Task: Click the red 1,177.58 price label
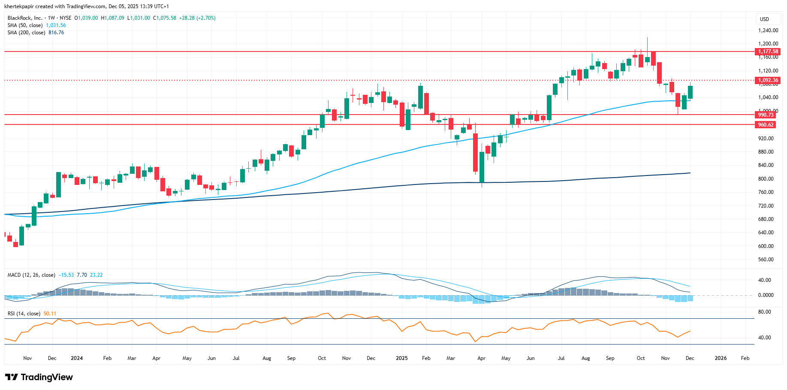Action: pyautogui.click(x=768, y=51)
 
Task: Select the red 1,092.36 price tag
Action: pyautogui.click(x=768, y=80)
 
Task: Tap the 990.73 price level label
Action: pyautogui.click(x=766, y=115)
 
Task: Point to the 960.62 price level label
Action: pyautogui.click(x=766, y=125)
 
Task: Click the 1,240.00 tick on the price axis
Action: pyautogui.click(x=768, y=30)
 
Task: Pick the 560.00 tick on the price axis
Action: pyautogui.click(x=766, y=260)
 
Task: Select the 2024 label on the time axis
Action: pyautogui.click(x=77, y=358)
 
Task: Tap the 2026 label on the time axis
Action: pyautogui.click(x=721, y=358)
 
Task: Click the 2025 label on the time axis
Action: pyautogui.click(x=401, y=358)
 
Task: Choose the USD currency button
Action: pyautogui.click(x=764, y=19)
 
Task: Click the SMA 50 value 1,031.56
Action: pyautogui.click(x=56, y=25)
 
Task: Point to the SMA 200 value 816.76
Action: pyautogui.click(x=56, y=33)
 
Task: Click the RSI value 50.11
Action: pyautogui.click(x=50, y=314)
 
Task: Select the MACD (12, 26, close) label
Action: pyautogui.click(x=31, y=275)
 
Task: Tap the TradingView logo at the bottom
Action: pyautogui.click(x=39, y=377)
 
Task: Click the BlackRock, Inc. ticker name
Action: pyautogui.click(x=25, y=18)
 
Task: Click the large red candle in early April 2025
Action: pyautogui.click(x=475, y=152)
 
